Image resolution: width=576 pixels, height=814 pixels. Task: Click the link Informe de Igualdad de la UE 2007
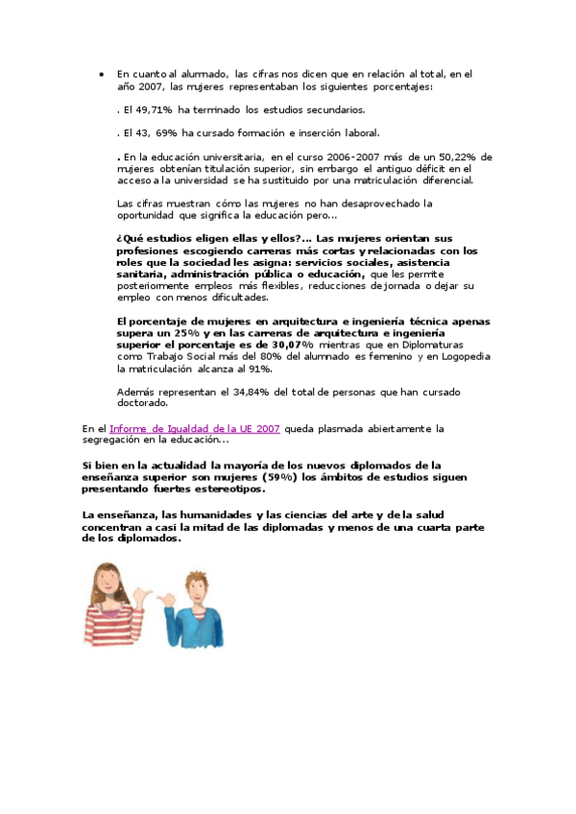[x=195, y=428]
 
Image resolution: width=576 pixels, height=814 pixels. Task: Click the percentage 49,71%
[x=156, y=109]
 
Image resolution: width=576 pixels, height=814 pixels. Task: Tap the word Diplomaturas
[x=424, y=343]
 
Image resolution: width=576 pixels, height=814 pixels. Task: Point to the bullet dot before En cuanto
[x=103, y=73]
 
